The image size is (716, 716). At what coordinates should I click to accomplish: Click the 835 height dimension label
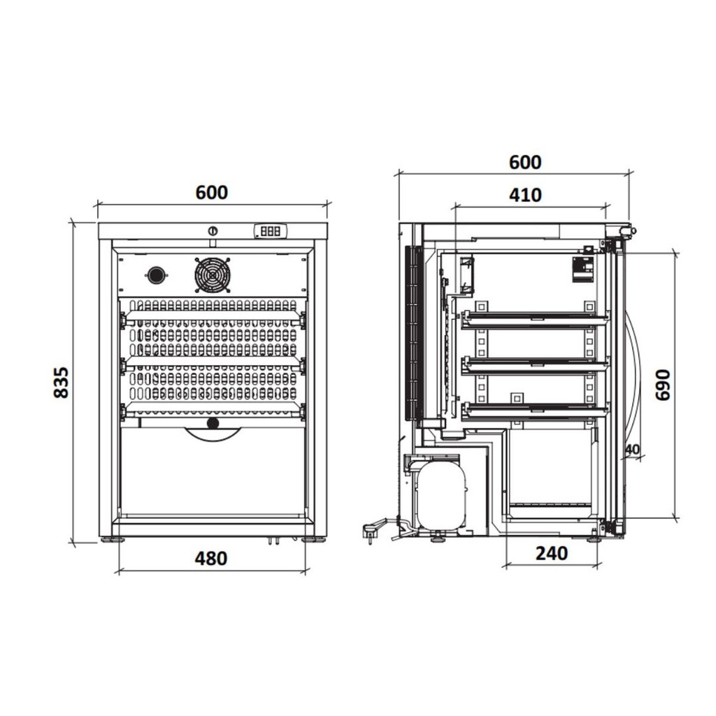point(62,382)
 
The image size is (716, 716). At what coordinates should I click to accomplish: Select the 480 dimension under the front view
point(211,559)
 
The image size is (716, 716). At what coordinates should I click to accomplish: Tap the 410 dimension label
point(525,195)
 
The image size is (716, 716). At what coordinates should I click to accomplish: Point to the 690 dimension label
point(663,385)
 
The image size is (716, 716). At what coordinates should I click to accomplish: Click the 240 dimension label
point(552,554)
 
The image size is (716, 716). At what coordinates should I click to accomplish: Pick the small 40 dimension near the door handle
point(632,450)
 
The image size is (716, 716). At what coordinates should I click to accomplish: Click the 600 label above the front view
point(211,193)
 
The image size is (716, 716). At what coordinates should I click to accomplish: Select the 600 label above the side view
point(525,162)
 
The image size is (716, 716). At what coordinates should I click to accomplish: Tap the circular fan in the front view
point(213,275)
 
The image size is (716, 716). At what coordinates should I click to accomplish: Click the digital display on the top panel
point(271,231)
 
